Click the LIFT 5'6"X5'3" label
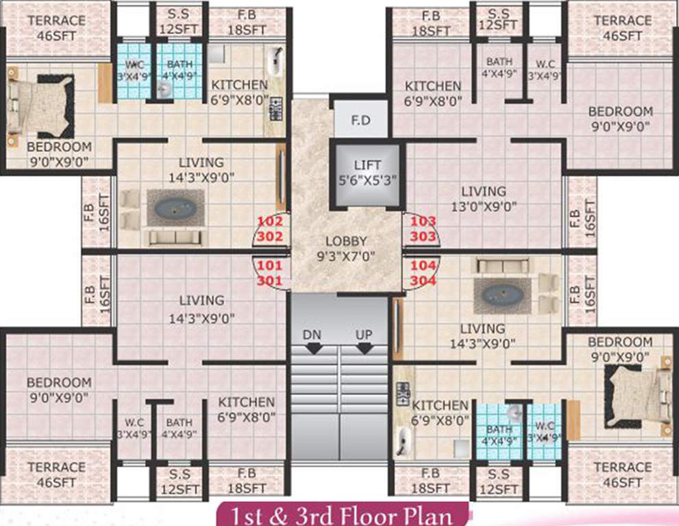367,173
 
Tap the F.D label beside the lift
360,122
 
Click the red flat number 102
269,221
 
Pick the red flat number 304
423,279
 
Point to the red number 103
423,221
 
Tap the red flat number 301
269,279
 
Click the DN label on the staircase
314,334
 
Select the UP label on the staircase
363,334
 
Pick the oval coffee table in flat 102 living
175,208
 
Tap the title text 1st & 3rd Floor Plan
343,514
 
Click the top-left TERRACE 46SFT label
56,27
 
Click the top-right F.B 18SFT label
430,23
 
